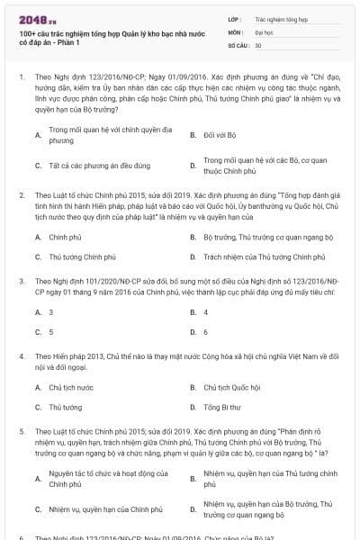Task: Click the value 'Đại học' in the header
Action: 265,31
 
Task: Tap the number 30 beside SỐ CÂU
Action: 259,45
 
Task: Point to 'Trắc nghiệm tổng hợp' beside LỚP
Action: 280,18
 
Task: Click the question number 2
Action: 22,194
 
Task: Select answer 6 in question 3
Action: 206,331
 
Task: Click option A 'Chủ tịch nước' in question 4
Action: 71,387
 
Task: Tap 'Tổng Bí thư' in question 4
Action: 221,407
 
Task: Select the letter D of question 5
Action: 193,510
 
